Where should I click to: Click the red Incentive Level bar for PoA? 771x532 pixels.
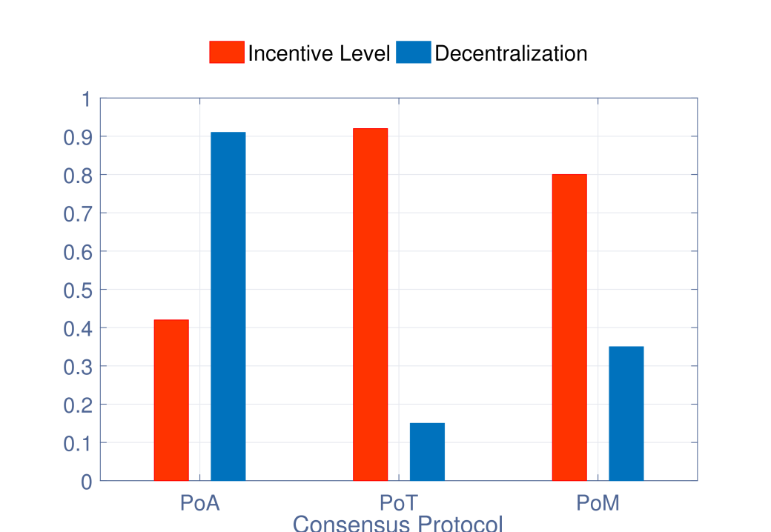coord(171,400)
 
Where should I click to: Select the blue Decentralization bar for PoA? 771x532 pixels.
coord(228,306)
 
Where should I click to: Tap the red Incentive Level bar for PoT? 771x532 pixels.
coord(370,305)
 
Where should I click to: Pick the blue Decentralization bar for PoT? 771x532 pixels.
coord(427,451)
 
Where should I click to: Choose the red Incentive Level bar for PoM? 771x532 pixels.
coord(569,327)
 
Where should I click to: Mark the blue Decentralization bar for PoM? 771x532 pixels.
coord(626,413)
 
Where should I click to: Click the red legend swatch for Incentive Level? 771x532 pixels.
coord(227,53)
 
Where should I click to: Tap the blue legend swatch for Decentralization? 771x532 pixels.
coord(414,53)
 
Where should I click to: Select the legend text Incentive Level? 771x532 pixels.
coord(319,53)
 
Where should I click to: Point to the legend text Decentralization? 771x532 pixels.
coord(511,53)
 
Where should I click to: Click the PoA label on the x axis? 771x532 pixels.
coord(199,503)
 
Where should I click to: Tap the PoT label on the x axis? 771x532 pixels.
coord(399,503)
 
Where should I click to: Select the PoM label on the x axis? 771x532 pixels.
coord(598,503)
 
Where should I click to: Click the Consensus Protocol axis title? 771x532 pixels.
coord(398,524)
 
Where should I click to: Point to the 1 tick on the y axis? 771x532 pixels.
coord(85,99)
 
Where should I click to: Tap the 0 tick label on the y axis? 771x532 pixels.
coord(85,482)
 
